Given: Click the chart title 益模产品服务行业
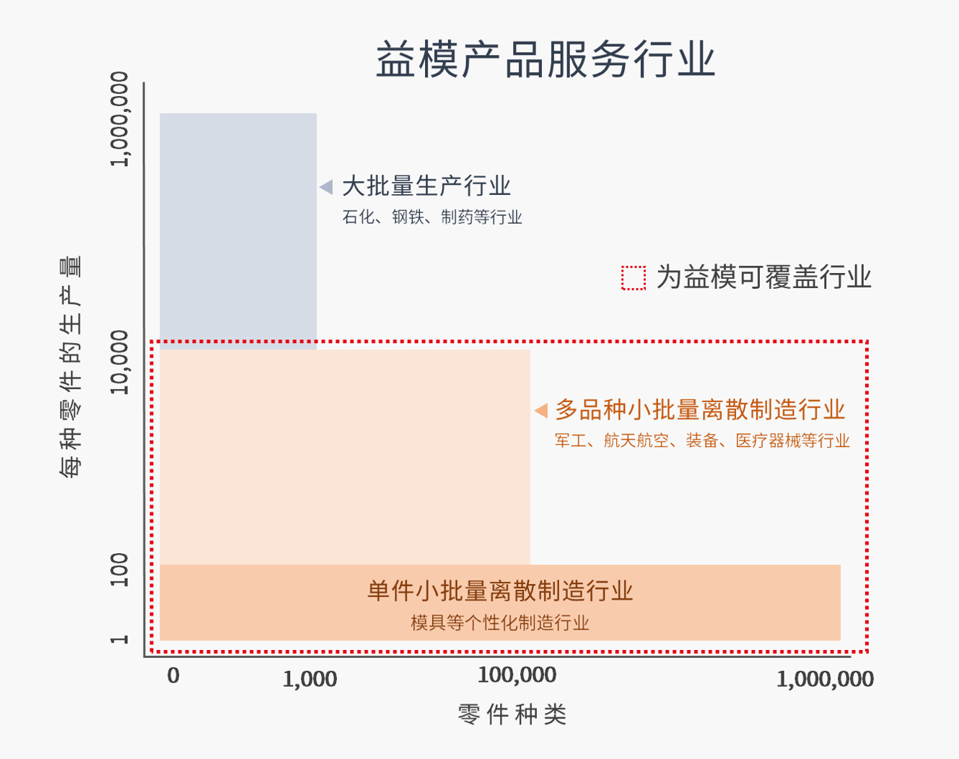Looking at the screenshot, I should pos(545,59).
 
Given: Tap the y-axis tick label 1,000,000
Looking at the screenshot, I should pos(119,119).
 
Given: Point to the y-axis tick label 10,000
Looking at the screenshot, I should pos(119,363).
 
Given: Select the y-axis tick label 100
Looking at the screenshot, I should pos(119,570).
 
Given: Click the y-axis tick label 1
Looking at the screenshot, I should pos(119,639).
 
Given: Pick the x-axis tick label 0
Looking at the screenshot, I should pos(173,676).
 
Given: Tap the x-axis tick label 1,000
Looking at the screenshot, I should pos(310,679).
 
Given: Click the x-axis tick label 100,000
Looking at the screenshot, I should pos(517,676).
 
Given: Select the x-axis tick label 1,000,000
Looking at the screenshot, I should pos(825,679).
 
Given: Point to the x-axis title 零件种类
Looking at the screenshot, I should pos(512,715).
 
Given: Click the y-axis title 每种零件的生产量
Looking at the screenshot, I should pos(70,367).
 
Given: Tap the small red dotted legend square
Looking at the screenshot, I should pos(634,278).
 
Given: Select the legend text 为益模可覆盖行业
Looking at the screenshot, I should pos(763,277).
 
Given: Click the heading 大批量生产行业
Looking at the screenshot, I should pos(426,186).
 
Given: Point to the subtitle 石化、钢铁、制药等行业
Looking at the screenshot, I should pos(432,217).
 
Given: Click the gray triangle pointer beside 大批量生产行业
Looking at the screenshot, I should pos(326,187).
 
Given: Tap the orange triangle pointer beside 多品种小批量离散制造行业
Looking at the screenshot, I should pos(540,411).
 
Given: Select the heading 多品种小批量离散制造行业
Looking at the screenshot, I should pos(700,410).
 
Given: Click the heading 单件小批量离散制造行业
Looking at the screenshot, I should pos(500,591).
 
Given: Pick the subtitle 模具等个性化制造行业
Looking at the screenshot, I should pos(500,623).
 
